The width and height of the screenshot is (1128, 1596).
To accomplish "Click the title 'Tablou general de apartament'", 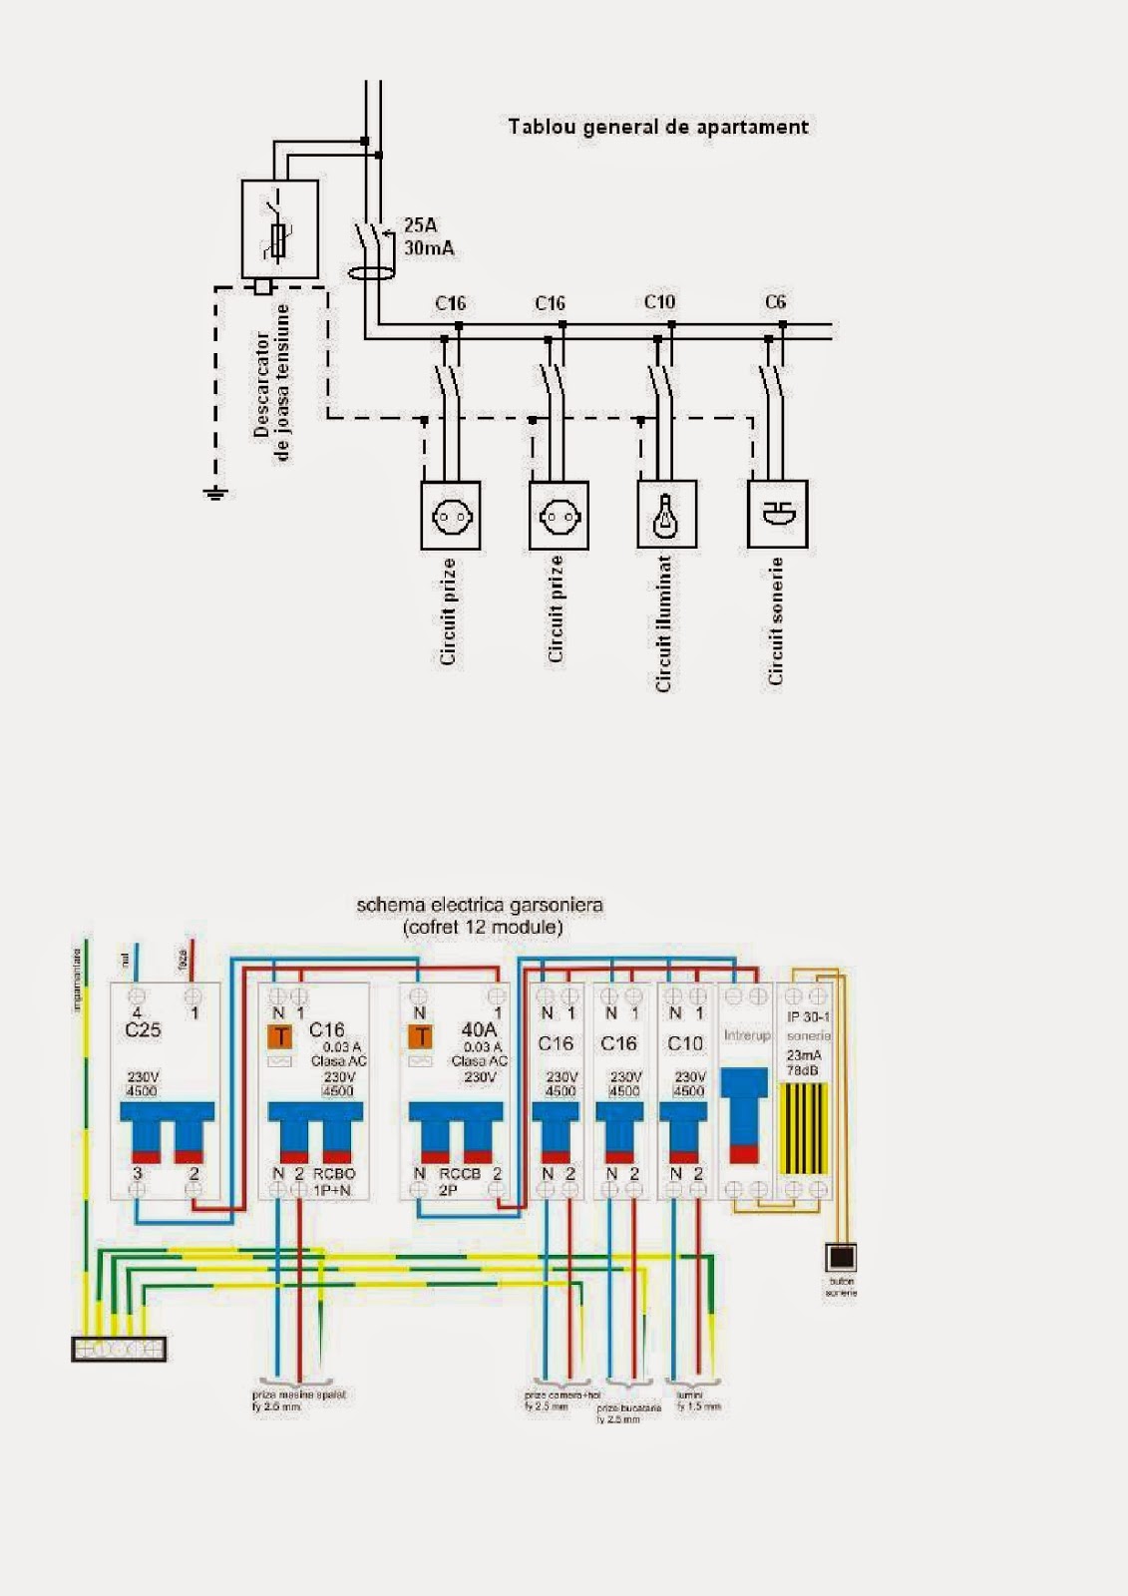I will point(657,127).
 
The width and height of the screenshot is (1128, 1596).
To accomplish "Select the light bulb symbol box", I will point(666,515).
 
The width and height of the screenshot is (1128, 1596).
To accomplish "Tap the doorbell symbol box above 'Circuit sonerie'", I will point(777,515).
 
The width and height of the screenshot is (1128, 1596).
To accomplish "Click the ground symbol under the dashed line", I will point(214,492).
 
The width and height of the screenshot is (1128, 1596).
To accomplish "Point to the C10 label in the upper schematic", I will point(659,302).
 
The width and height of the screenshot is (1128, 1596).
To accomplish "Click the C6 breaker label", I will point(775,302).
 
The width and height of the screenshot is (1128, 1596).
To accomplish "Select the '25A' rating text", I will point(420,225).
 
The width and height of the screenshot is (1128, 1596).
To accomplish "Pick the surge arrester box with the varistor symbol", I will point(279,229).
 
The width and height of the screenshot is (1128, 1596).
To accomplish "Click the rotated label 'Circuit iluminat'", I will point(664,624).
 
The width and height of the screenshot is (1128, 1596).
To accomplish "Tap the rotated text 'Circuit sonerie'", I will point(776,620).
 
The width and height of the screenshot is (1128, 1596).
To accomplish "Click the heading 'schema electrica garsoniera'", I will point(480,906).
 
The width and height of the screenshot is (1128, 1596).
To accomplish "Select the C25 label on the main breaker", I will point(143,1030).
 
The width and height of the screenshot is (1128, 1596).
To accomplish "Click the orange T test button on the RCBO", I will point(281,1037).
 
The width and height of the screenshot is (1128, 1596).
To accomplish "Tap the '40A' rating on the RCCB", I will point(479,1029).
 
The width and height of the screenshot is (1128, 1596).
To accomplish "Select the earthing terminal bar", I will point(119,1350).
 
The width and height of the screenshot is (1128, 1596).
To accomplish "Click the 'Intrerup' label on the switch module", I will point(747,1035).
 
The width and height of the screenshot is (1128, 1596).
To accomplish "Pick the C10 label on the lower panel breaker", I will point(684,1043).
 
